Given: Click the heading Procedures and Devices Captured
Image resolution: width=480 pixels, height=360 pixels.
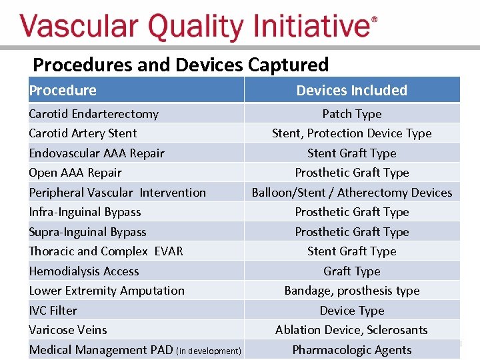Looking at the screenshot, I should pyautogui.click(x=181, y=65).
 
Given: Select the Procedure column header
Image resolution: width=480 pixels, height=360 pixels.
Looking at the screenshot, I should pyautogui.click(x=63, y=91).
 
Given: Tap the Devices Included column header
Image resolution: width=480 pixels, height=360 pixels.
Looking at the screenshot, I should pyautogui.click(x=351, y=91).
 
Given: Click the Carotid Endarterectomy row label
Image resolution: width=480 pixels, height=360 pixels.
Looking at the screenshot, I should pyautogui.click(x=93, y=114).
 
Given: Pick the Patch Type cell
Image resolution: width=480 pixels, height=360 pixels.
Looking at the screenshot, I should pyautogui.click(x=351, y=114).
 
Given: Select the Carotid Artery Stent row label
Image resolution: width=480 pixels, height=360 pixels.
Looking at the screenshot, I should pyautogui.click(x=83, y=133).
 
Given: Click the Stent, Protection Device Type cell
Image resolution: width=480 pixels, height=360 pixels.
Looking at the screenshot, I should pyautogui.click(x=351, y=133).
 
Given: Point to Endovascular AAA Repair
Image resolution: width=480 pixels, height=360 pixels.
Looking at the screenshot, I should pyautogui.click(x=96, y=153).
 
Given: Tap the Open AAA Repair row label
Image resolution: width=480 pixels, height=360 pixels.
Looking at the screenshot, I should pyautogui.click(x=75, y=173).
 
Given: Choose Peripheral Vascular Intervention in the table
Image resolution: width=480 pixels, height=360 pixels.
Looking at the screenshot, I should pyautogui.click(x=117, y=193).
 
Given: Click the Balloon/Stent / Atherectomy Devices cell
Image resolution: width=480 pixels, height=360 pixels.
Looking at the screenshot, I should pyautogui.click(x=351, y=193).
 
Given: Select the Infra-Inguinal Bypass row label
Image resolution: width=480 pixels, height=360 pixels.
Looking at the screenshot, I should pyautogui.click(x=85, y=212).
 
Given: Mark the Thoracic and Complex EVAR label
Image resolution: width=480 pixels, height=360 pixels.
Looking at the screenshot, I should pyautogui.click(x=105, y=251).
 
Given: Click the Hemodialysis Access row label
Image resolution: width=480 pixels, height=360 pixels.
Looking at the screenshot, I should pyautogui.click(x=84, y=271).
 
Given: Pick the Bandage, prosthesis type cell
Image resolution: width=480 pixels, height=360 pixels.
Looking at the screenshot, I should pyautogui.click(x=351, y=291).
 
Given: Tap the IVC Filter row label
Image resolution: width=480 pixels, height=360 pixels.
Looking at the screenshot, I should pyautogui.click(x=53, y=311).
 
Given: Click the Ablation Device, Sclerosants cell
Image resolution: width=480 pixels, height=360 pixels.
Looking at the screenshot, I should pyautogui.click(x=351, y=330).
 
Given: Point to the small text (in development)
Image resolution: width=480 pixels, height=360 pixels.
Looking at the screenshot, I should pyautogui.click(x=209, y=351).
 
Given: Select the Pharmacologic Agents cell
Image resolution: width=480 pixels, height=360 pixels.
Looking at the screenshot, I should pyautogui.click(x=351, y=350).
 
